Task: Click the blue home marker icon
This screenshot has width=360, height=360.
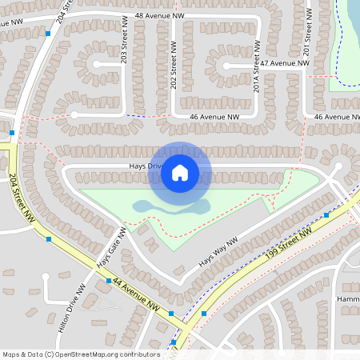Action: pos(180,172)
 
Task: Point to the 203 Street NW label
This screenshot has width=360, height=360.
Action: pos(124,41)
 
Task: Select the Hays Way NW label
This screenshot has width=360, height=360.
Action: pos(218,251)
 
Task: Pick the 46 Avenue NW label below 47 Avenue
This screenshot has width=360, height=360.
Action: pos(215,117)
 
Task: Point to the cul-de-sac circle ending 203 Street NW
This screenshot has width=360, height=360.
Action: pos(96,63)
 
